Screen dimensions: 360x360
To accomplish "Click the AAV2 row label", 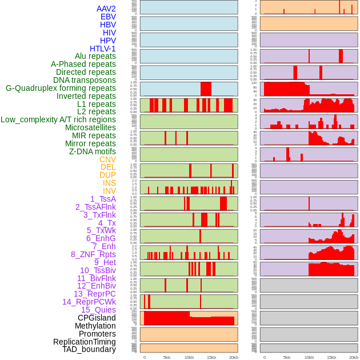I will tap(106, 9).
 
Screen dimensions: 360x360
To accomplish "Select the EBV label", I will tap(108, 17).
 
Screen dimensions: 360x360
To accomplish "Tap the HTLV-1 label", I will tap(103, 49).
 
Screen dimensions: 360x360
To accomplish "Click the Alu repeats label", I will tap(95, 56).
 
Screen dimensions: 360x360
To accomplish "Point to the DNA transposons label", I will tap(85, 80).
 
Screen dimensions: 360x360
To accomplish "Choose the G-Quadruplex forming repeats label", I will tap(61, 88).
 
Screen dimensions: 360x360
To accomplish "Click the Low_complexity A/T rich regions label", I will tap(58, 119).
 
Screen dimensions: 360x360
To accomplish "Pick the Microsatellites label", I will tap(90, 127).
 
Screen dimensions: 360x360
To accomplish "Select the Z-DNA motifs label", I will tap(93, 151).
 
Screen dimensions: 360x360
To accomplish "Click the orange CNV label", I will tap(107, 159).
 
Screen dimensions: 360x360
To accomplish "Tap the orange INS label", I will tap(109, 183).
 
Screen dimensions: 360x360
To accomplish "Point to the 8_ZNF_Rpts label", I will tap(93, 254).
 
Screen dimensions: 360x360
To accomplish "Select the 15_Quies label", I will tap(98, 310).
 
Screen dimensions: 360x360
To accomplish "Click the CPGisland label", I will tap(97, 318).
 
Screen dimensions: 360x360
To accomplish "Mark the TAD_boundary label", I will tap(89, 349).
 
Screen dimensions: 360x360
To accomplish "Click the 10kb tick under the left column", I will tap(189, 357).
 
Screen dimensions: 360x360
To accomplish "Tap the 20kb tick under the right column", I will tap(354, 357).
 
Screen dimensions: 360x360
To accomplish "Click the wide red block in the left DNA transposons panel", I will tap(206, 89).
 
